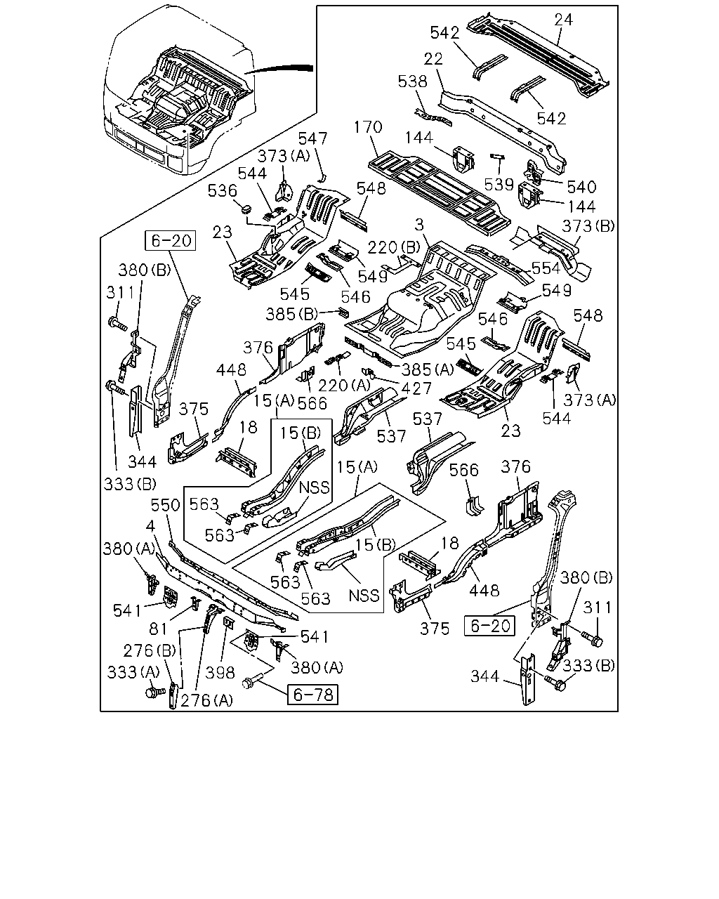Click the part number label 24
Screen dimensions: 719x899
564,19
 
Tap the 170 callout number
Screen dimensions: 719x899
368,127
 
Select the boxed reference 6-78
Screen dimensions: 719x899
313,695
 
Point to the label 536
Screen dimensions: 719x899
223,191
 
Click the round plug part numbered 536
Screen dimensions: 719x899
246,208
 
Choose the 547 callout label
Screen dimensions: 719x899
312,138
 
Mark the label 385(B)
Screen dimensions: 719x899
292,314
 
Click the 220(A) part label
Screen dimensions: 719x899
345,385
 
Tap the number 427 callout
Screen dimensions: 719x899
416,388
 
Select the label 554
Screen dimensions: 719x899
546,268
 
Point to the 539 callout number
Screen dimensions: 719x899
499,184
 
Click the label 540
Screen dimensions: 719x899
581,187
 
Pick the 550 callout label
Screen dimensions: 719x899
166,505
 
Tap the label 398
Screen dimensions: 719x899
220,673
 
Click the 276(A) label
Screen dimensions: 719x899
207,700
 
